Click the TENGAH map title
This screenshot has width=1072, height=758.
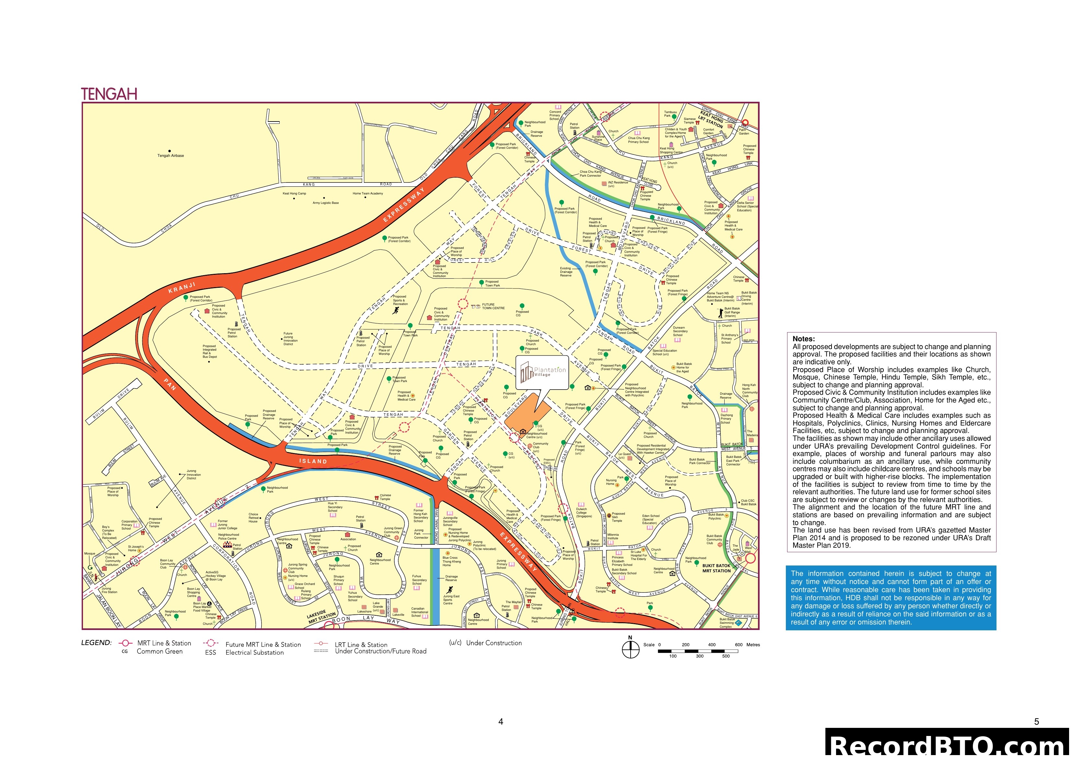109,94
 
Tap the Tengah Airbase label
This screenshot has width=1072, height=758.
170,156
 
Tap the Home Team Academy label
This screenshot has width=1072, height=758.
367,193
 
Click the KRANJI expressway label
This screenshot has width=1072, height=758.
181,288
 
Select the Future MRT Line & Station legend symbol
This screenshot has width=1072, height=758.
211,644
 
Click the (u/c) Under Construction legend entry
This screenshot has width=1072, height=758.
485,643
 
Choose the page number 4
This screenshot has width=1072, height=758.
501,722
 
